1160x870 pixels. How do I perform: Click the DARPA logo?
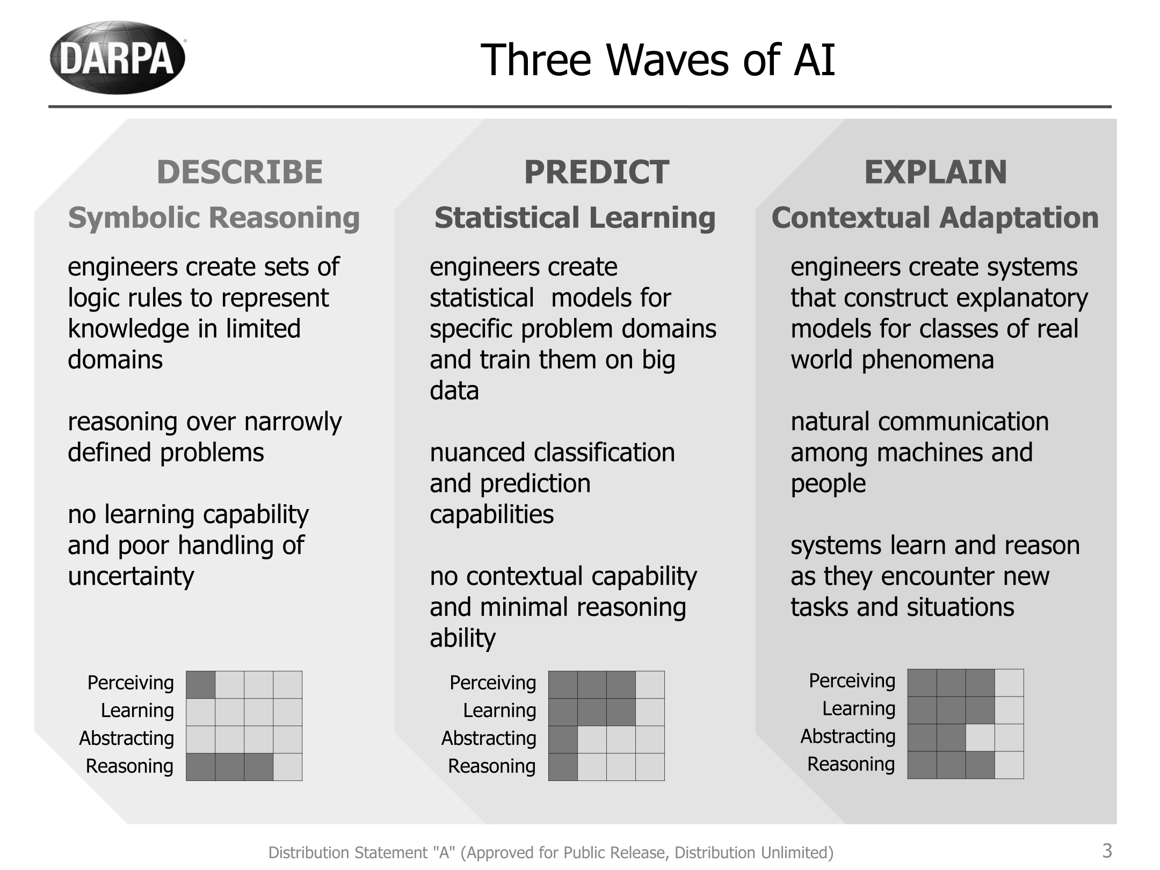[x=118, y=57]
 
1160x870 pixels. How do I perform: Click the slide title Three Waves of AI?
[x=657, y=60]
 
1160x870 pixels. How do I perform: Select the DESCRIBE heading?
[x=240, y=172]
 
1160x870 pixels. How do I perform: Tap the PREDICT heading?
[x=596, y=172]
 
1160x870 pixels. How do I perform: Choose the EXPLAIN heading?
[x=936, y=172]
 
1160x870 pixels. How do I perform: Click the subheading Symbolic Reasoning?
[x=214, y=218]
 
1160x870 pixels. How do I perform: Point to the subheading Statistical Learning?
[x=575, y=218]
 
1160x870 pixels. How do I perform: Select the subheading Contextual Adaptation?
[x=935, y=218]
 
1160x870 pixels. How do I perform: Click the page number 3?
[x=1107, y=851]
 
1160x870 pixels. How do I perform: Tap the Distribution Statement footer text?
[x=551, y=852]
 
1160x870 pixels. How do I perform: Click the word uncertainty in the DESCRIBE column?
[x=130, y=577]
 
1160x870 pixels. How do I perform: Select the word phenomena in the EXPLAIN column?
[x=927, y=360]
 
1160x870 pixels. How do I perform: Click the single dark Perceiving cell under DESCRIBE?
[x=201, y=685]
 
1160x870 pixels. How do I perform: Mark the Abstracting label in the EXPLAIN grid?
[x=848, y=736]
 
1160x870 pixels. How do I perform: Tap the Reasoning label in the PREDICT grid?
[x=492, y=766]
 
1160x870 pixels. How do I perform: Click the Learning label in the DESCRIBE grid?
[x=137, y=711]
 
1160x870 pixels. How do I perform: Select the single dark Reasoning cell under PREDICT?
[x=563, y=766]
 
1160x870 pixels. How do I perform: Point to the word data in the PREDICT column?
[x=454, y=391]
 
